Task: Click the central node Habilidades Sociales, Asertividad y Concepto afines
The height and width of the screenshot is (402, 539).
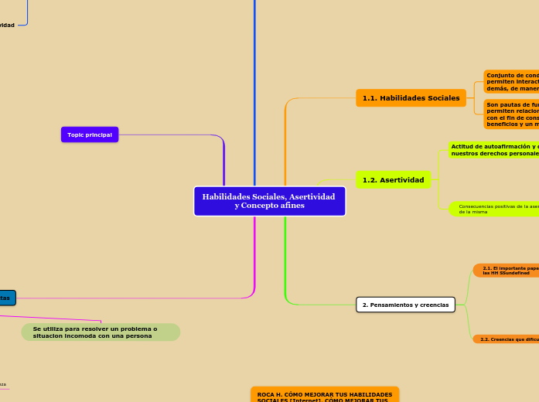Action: coord(269,201)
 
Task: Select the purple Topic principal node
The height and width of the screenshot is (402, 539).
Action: coord(90,135)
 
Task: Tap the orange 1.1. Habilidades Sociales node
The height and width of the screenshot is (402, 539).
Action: coord(411,98)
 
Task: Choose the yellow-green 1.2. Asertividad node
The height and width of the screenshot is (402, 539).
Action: coord(393,180)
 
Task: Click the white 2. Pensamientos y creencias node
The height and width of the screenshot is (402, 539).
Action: coord(405,305)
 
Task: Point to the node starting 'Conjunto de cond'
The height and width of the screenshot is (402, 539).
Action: coord(511,82)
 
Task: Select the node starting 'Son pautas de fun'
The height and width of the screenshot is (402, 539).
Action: coord(511,114)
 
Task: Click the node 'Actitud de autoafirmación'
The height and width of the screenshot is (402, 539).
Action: coord(493,149)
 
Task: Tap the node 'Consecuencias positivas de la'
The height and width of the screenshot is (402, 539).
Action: coord(495,209)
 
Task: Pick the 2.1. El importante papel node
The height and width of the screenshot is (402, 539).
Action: coord(507,270)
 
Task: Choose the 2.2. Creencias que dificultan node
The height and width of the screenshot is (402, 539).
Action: coord(507,339)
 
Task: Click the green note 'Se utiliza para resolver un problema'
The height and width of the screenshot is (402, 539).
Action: coord(101,332)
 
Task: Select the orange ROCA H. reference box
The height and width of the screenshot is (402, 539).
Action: coord(325,394)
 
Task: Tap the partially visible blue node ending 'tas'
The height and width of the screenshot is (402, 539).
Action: coord(6,298)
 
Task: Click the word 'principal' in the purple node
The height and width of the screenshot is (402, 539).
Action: coord(100,135)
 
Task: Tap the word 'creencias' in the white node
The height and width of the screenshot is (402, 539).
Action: coord(432,305)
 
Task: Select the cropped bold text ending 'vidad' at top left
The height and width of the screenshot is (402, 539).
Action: coord(7,26)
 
